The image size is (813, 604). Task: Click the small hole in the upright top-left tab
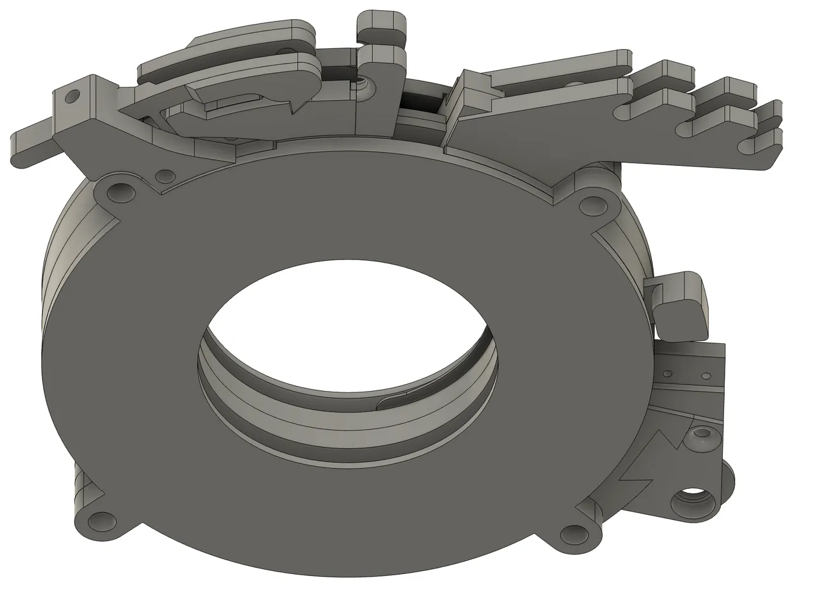(73, 96)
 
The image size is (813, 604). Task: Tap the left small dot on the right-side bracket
(667, 373)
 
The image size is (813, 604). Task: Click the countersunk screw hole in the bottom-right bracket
(702, 434)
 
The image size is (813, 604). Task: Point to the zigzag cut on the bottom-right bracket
(654, 451)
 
